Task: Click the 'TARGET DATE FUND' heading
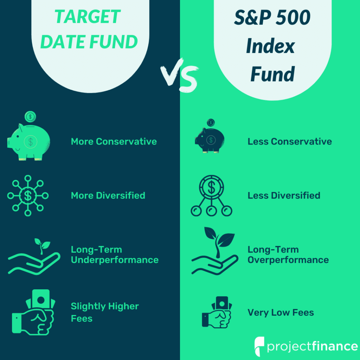[x=89, y=30]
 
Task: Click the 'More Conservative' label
[x=114, y=142]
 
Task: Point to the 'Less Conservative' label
[x=290, y=142]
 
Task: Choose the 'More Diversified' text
[x=108, y=195]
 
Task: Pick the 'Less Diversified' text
[x=284, y=195]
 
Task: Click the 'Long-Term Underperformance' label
[x=115, y=255]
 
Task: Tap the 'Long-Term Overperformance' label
[x=288, y=255]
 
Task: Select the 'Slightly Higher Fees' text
[x=105, y=312]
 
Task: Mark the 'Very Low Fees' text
[x=281, y=313]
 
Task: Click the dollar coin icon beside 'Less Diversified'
[x=212, y=195]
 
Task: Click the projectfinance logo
[x=306, y=346]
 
